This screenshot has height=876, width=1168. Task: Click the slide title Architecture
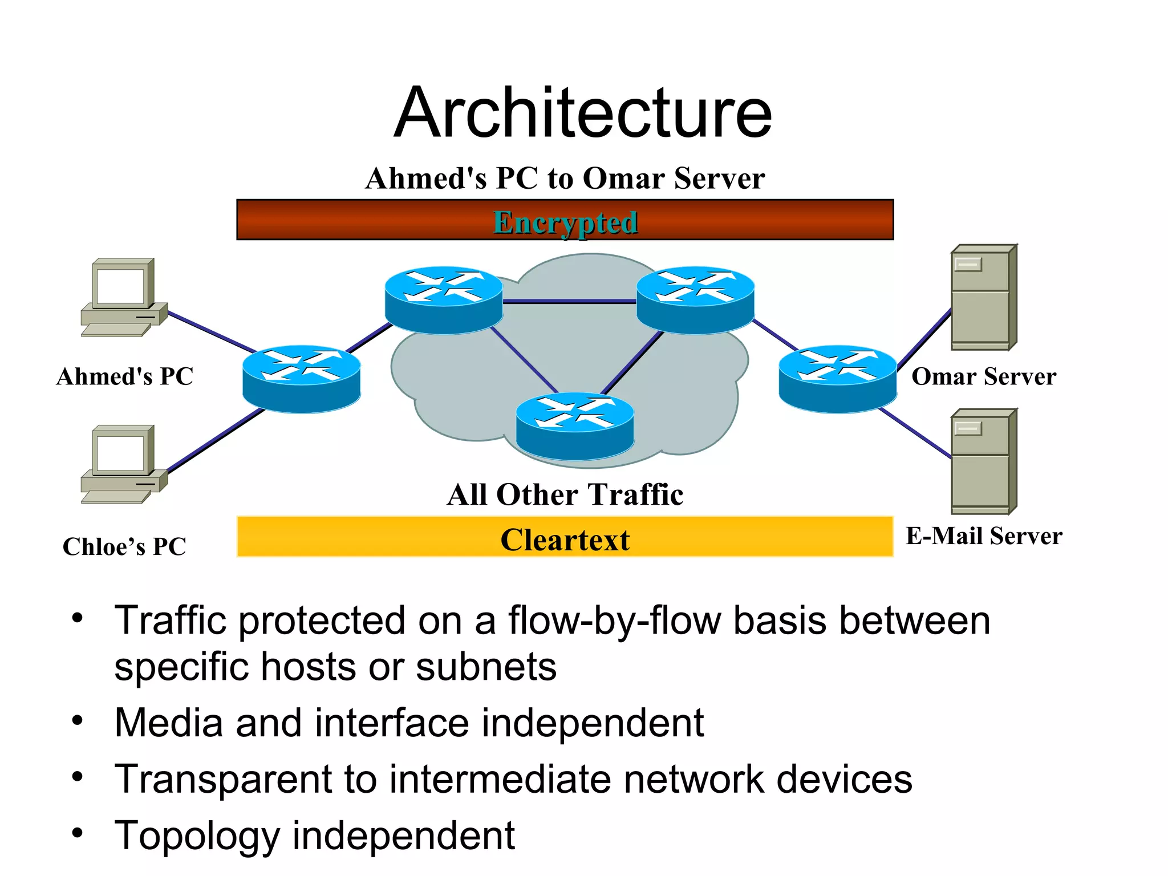(582, 112)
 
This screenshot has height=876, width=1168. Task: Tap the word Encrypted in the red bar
(565, 222)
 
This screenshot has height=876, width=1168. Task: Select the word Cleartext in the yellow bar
(565, 540)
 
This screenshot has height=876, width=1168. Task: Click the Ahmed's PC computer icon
(123, 297)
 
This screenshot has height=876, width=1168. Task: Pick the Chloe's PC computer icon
(123, 464)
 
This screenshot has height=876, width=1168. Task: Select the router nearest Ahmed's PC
(301, 378)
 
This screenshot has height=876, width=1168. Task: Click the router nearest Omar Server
(837, 378)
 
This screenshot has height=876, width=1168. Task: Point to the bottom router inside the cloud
(574, 425)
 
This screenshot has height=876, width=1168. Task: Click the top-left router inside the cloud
(443, 299)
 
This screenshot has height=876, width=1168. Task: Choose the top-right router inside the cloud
(695, 299)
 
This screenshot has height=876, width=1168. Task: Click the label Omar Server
(983, 376)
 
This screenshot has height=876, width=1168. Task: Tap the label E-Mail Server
(983, 536)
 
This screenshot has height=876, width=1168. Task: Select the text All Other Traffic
(565, 494)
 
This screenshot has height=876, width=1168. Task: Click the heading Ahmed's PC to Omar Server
(565, 178)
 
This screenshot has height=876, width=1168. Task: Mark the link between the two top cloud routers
(569, 302)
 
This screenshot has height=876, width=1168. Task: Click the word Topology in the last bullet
(197, 836)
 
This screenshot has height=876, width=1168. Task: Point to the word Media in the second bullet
(168, 723)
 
